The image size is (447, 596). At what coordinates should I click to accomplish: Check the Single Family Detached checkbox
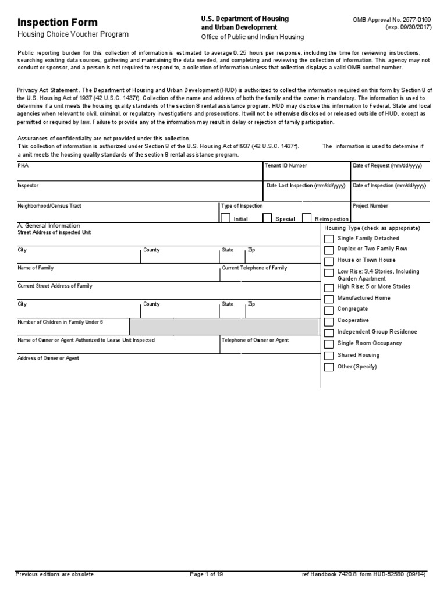tap(329, 239)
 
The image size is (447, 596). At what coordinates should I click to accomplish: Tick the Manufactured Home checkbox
tap(329, 299)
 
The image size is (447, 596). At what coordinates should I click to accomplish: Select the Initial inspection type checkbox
tap(225, 218)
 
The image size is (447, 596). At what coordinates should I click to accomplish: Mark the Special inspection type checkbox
tap(267, 218)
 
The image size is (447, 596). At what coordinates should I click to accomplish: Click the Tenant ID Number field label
tap(286, 166)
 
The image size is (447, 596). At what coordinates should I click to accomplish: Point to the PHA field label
tap(23, 166)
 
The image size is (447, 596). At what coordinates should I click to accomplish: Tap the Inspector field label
tap(28, 186)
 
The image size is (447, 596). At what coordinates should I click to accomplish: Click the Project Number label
tap(370, 206)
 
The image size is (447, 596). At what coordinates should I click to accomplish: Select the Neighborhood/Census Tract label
tap(49, 206)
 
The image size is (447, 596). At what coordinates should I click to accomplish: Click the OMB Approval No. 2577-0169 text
tap(393, 20)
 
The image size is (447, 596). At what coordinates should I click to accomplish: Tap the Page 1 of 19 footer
tap(207, 574)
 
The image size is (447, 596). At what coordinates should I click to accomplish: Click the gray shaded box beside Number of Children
tap(225, 327)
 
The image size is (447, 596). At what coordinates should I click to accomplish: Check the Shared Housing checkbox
tap(329, 356)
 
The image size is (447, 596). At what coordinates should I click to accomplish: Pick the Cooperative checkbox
tap(329, 321)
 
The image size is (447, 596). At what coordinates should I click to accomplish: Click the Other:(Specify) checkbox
tap(329, 367)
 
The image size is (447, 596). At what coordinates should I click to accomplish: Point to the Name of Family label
tap(36, 268)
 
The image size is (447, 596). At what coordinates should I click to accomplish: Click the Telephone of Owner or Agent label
tap(255, 340)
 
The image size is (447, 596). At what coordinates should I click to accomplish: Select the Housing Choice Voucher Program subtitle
tap(73, 35)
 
